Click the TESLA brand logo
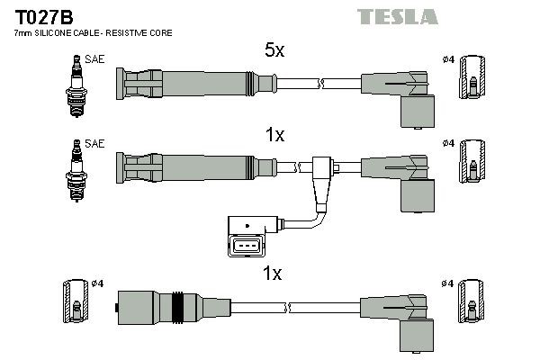tap(397, 17)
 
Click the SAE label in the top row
tap(94, 59)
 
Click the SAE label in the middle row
tap(94, 143)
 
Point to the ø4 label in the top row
tap(448, 60)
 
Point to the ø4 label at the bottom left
tap(97, 283)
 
